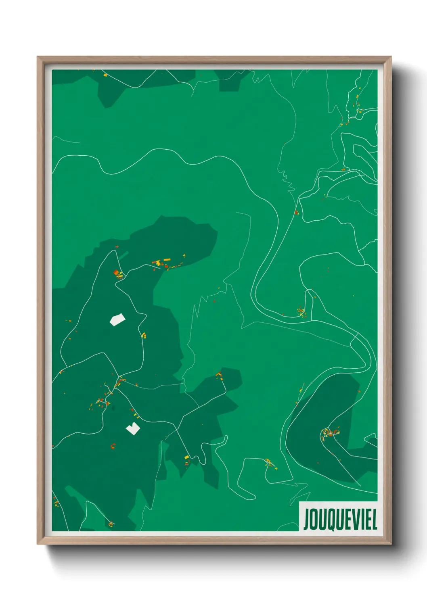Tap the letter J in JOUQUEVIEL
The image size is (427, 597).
click(x=307, y=520)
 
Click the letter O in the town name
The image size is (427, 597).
click(x=314, y=519)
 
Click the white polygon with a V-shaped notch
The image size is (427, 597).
click(x=133, y=428)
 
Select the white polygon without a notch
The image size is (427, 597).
click(x=117, y=319)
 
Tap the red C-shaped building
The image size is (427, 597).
click(x=113, y=446)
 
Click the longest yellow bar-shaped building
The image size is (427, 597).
click(x=167, y=260)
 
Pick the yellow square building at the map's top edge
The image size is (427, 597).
click(x=105, y=75)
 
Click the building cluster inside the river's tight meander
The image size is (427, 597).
click(x=301, y=312)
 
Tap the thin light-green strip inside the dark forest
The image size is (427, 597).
click(x=123, y=255)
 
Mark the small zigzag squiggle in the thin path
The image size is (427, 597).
click(x=289, y=184)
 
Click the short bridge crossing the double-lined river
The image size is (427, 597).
click(x=354, y=337)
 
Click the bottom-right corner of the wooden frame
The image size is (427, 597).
click(x=390, y=543)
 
